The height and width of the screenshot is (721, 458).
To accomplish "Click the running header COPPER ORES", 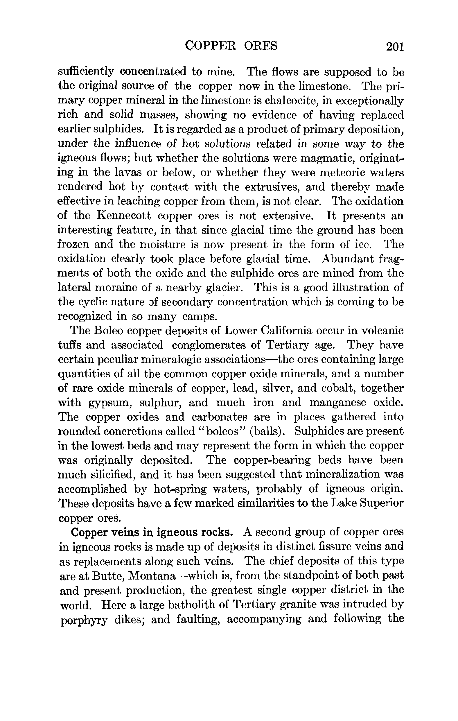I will [x=231, y=46].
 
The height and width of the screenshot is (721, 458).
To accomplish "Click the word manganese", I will [x=337, y=402].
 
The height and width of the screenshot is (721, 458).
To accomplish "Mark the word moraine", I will [x=117, y=288].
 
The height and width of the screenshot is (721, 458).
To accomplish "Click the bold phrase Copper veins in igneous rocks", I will [x=152, y=532].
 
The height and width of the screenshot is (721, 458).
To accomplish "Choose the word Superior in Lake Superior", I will [x=381, y=503].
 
